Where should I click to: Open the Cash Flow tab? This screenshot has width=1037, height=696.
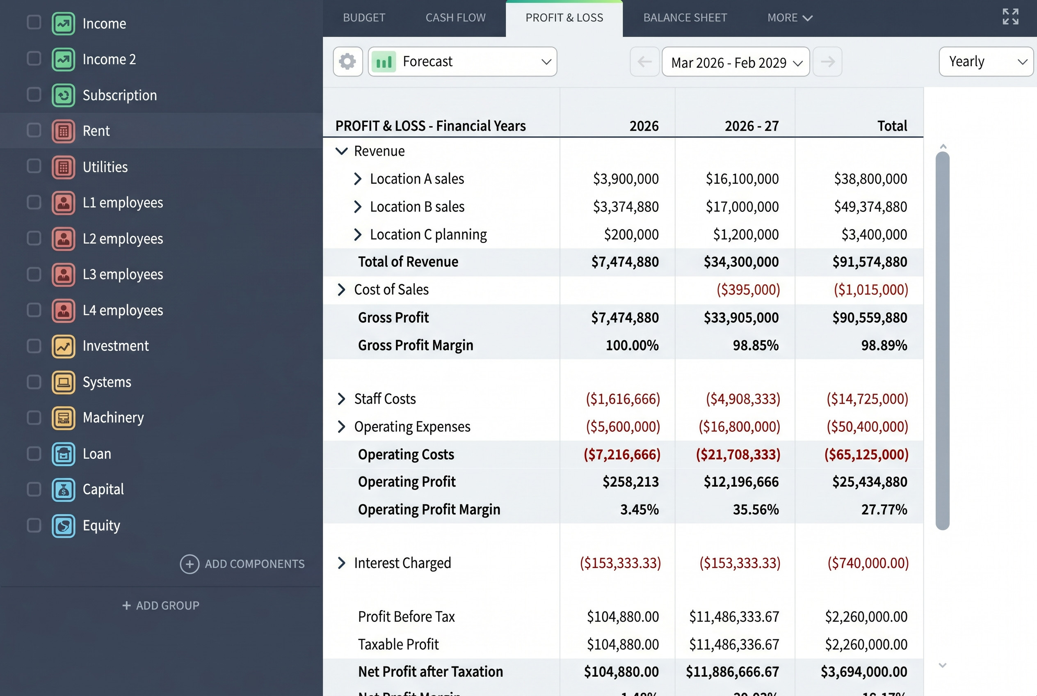pyautogui.click(x=455, y=18)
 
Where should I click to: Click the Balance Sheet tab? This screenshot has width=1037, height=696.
pyautogui.click(x=685, y=18)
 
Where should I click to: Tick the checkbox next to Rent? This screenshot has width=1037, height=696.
pyautogui.click(x=34, y=130)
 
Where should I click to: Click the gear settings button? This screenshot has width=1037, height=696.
pyautogui.click(x=348, y=62)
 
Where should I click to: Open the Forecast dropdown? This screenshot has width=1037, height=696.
pyautogui.click(x=462, y=62)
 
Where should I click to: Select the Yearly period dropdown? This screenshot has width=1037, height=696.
pyautogui.click(x=986, y=62)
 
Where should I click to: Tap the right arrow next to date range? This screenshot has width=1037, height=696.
pyautogui.click(x=827, y=62)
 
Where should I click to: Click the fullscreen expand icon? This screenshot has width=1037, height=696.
pyautogui.click(x=1010, y=17)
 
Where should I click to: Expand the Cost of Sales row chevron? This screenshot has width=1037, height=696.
pyautogui.click(x=341, y=289)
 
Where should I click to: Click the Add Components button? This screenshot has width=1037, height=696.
pyautogui.click(x=242, y=564)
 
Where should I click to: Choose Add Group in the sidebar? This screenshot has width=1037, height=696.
pyautogui.click(x=161, y=605)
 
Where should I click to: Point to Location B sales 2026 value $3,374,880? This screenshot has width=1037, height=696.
pyautogui.click(x=626, y=207)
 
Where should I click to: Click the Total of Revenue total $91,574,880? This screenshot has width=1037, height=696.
pyautogui.click(x=869, y=262)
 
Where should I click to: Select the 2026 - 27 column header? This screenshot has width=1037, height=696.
pyautogui.click(x=751, y=126)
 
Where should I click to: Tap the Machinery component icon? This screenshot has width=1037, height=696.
pyautogui.click(x=64, y=418)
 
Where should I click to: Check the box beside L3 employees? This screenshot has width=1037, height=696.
pyautogui.click(x=34, y=274)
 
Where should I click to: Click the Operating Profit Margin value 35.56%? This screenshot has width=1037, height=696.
pyautogui.click(x=756, y=510)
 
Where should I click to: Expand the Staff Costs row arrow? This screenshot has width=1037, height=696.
pyautogui.click(x=341, y=398)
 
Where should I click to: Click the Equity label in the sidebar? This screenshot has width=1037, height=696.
pyautogui.click(x=101, y=526)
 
